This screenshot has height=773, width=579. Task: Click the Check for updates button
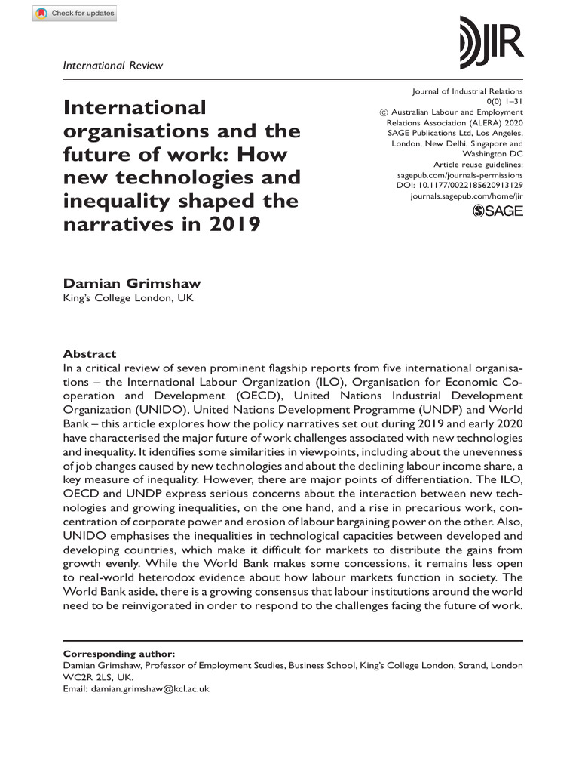[75, 14]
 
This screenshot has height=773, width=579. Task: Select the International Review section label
[112, 65]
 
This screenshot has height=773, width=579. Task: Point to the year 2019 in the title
[234, 224]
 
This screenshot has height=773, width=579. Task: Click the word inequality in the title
[119, 201]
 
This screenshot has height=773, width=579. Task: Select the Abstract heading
[90, 353]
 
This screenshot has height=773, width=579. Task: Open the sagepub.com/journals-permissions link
[461, 174]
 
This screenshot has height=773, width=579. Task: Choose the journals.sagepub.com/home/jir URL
[466, 196]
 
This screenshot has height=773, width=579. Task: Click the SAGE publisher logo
[497, 212]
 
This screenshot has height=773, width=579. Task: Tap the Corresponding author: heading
[111, 654]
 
